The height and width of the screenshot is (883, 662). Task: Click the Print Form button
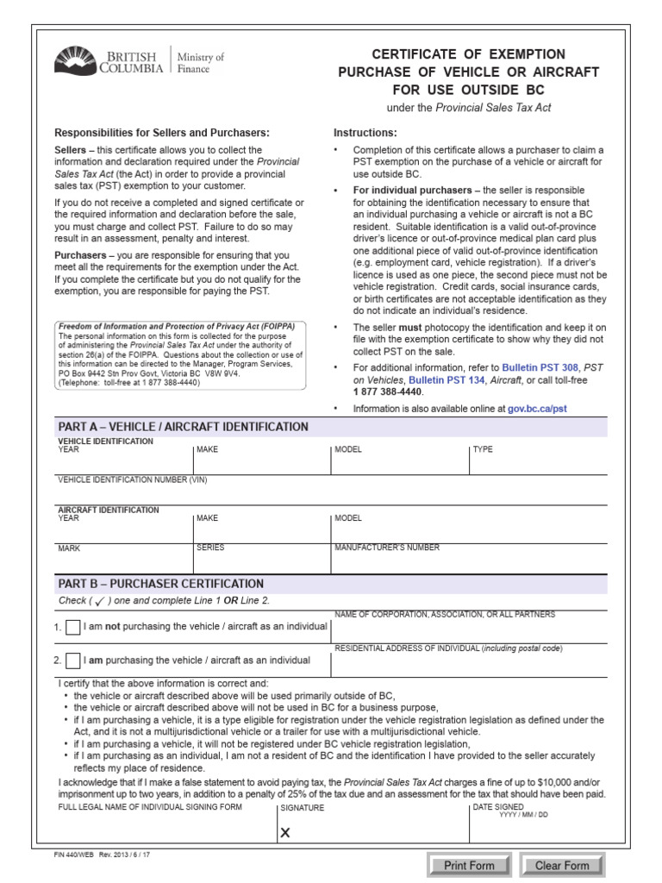click(x=469, y=865)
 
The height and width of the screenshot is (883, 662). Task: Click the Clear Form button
click(x=562, y=865)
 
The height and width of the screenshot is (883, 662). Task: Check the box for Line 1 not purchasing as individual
click(x=73, y=627)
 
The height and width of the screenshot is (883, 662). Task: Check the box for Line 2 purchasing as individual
click(x=73, y=661)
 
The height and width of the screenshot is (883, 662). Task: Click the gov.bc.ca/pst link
click(x=537, y=409)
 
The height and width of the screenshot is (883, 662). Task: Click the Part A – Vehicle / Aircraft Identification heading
click(x=183, y=427)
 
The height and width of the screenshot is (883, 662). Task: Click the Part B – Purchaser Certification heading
click(x=160, y=584)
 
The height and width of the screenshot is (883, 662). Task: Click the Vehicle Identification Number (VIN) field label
click(x=132, y=479)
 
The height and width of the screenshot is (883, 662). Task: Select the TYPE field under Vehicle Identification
click(x=537, y=461)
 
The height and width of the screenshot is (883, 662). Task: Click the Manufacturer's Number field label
click(x=386, y=548)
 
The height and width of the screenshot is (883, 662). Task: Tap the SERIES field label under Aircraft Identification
click(x=210, y=548)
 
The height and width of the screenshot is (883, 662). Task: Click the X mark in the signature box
click(x=286, y=833)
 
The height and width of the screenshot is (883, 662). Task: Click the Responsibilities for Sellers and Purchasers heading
click(x=162, y=133)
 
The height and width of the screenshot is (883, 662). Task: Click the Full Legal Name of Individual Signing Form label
click(x=150, y=807)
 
